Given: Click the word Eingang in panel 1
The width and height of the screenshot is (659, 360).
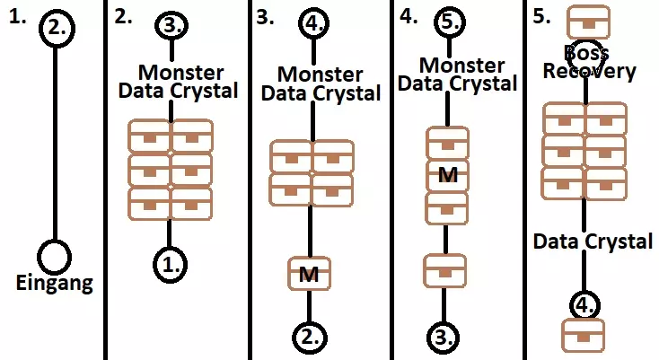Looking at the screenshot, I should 55,285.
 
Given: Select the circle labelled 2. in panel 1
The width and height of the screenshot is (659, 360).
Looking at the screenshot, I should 57,27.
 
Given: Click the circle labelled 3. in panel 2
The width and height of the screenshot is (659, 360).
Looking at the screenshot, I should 171,25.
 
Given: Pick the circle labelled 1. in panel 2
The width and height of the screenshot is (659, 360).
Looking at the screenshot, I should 171,263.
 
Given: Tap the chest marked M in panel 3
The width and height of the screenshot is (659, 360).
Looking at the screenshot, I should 310,273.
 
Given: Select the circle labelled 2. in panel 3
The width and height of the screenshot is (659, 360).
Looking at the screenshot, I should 311,337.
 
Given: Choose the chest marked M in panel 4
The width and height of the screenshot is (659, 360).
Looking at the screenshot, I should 447,175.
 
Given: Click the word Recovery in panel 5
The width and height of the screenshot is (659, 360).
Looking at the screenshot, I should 590,72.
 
